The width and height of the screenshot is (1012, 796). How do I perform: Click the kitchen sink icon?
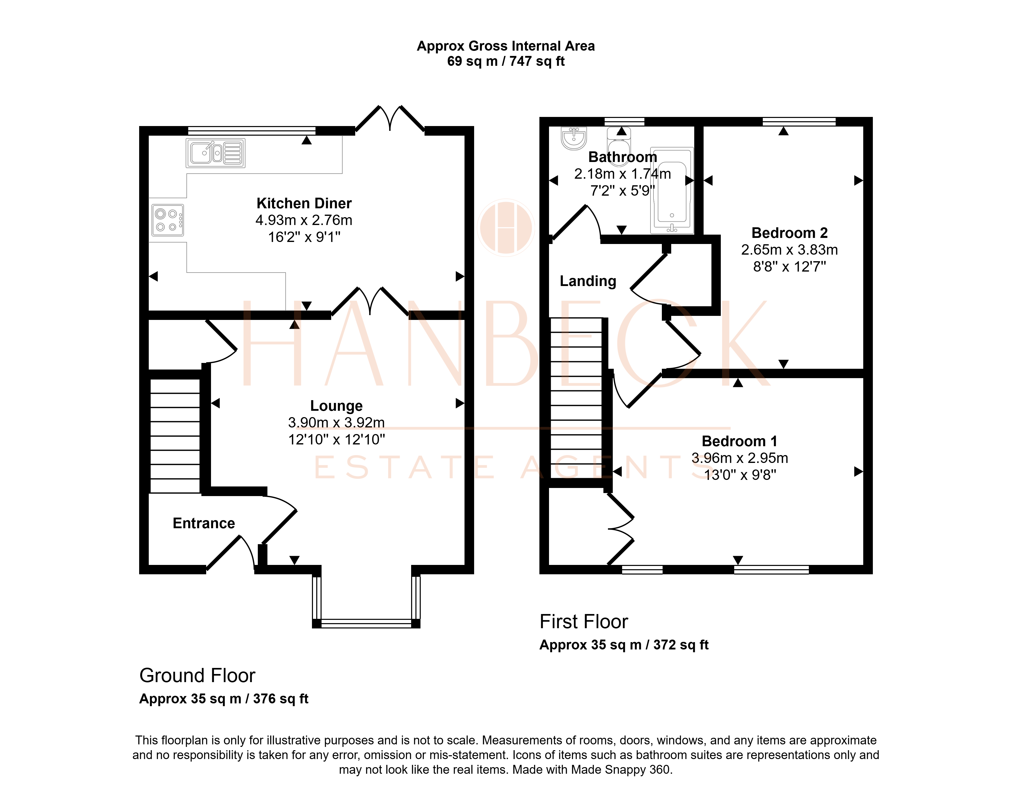coord(215,153)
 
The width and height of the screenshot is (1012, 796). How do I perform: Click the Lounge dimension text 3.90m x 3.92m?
coord(336,423)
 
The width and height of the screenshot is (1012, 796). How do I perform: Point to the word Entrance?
coord(204,523)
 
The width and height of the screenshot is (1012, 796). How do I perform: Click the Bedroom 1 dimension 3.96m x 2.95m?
coord(740,458)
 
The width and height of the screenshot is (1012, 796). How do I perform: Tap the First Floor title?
coord(584,622)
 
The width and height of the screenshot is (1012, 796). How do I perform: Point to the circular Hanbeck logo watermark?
coord(506,228)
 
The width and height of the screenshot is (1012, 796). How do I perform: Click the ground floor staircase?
coord(175,436)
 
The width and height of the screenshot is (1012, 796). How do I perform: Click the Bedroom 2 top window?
coord(799,122)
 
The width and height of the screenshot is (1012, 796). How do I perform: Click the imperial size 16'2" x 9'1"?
coord(304,237)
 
